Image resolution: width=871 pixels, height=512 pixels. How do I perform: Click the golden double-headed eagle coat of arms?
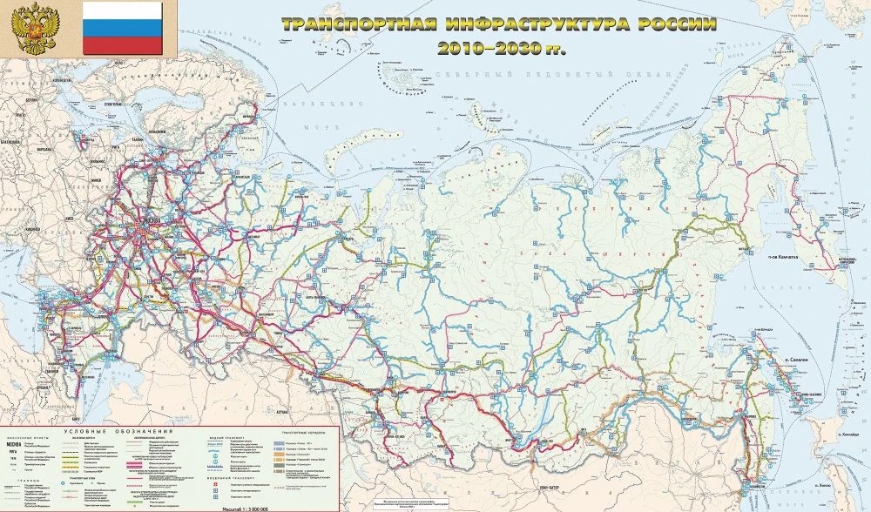click(x=34, y=29)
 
